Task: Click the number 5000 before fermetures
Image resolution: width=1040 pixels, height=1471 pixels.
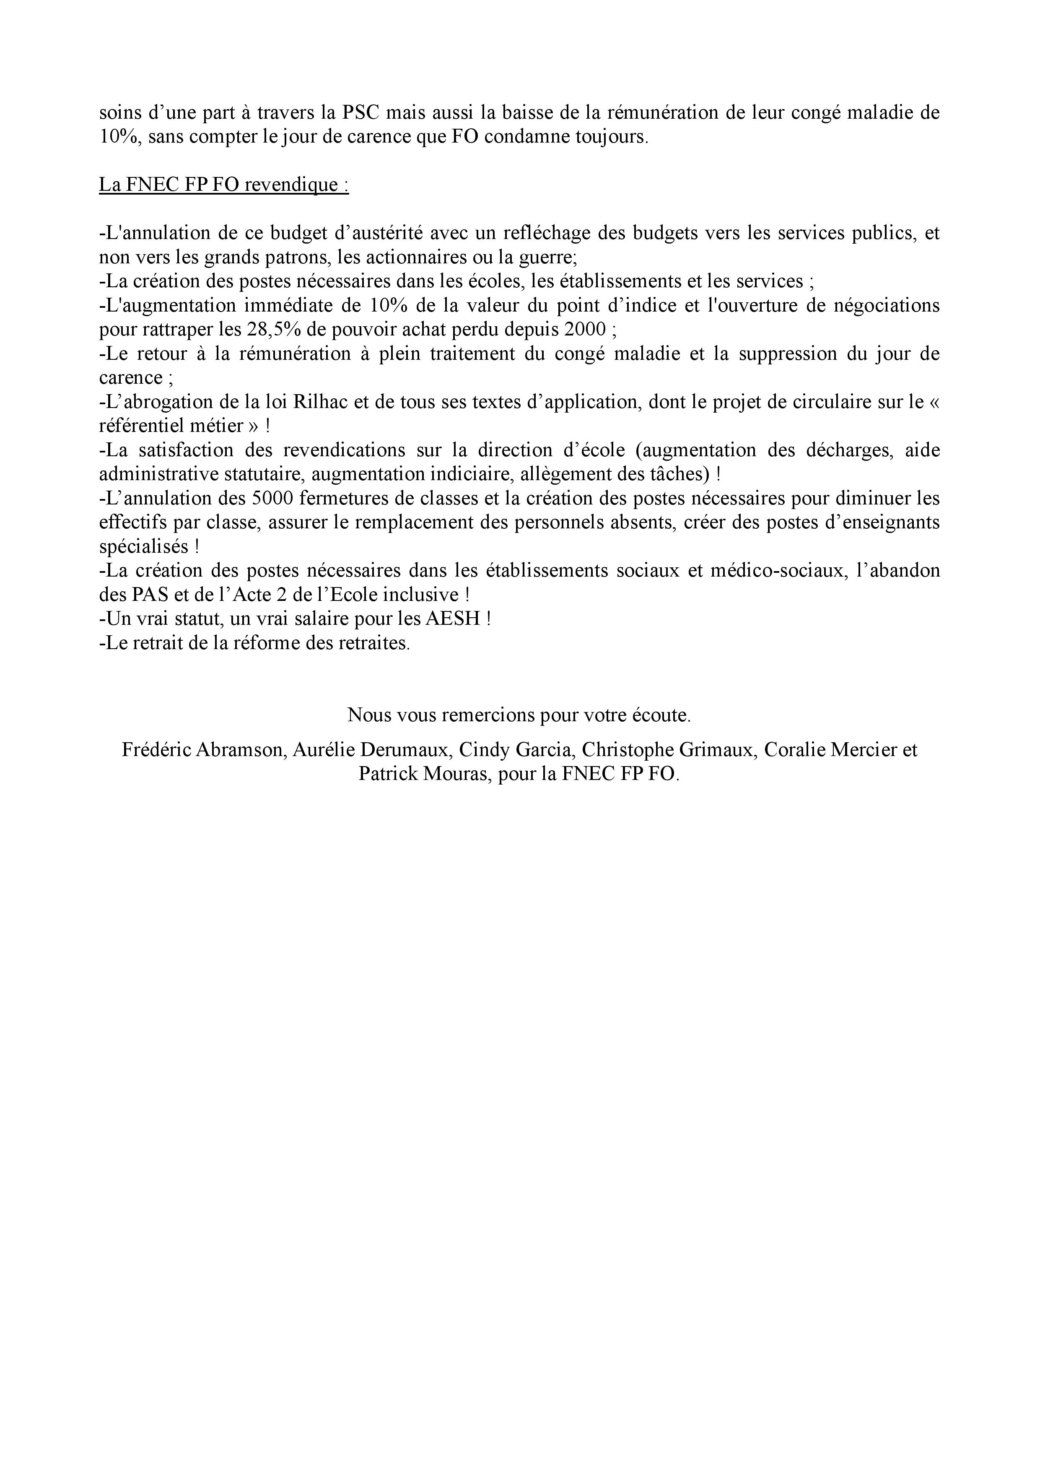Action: [274, 499]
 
